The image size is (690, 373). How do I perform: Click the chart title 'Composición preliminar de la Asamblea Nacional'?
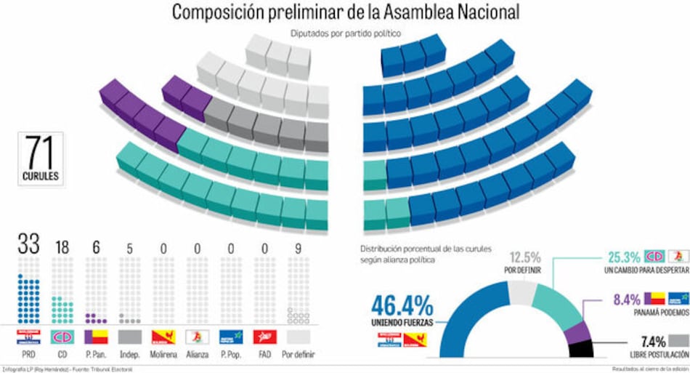[345, 12]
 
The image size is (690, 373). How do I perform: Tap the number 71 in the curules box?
[41, 153]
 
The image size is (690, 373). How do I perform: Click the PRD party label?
[29, 354]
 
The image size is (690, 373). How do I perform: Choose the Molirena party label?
[163, 354]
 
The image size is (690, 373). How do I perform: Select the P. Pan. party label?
[96, 354]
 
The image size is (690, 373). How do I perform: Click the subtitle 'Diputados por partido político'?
[345, 33]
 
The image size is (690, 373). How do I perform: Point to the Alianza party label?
[197, 354]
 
